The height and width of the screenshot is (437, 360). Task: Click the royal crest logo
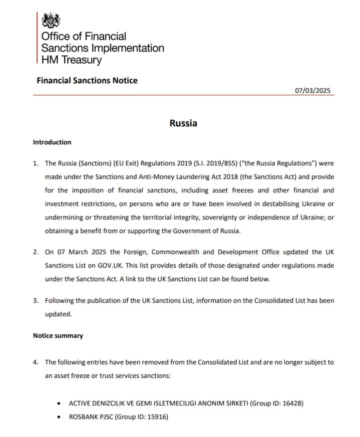tap(51, 21)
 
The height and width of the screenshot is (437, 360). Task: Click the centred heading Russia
tap(183, 123)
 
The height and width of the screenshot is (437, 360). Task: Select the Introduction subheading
tap(52, 142)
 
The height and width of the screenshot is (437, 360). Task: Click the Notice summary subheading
tap(58, 336)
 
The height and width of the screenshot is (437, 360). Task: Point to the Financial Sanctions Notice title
tap(87, 80)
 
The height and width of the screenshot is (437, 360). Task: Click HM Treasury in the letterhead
tap(71, 60)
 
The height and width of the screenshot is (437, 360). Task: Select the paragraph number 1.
tap(36, 163)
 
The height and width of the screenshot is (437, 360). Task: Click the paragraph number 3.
tap(36, 301)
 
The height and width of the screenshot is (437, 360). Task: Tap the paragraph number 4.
tap(36, 362)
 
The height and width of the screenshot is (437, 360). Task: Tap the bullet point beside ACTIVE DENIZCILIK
tap(59, 403)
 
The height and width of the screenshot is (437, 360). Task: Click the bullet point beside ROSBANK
tap(59, 416)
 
